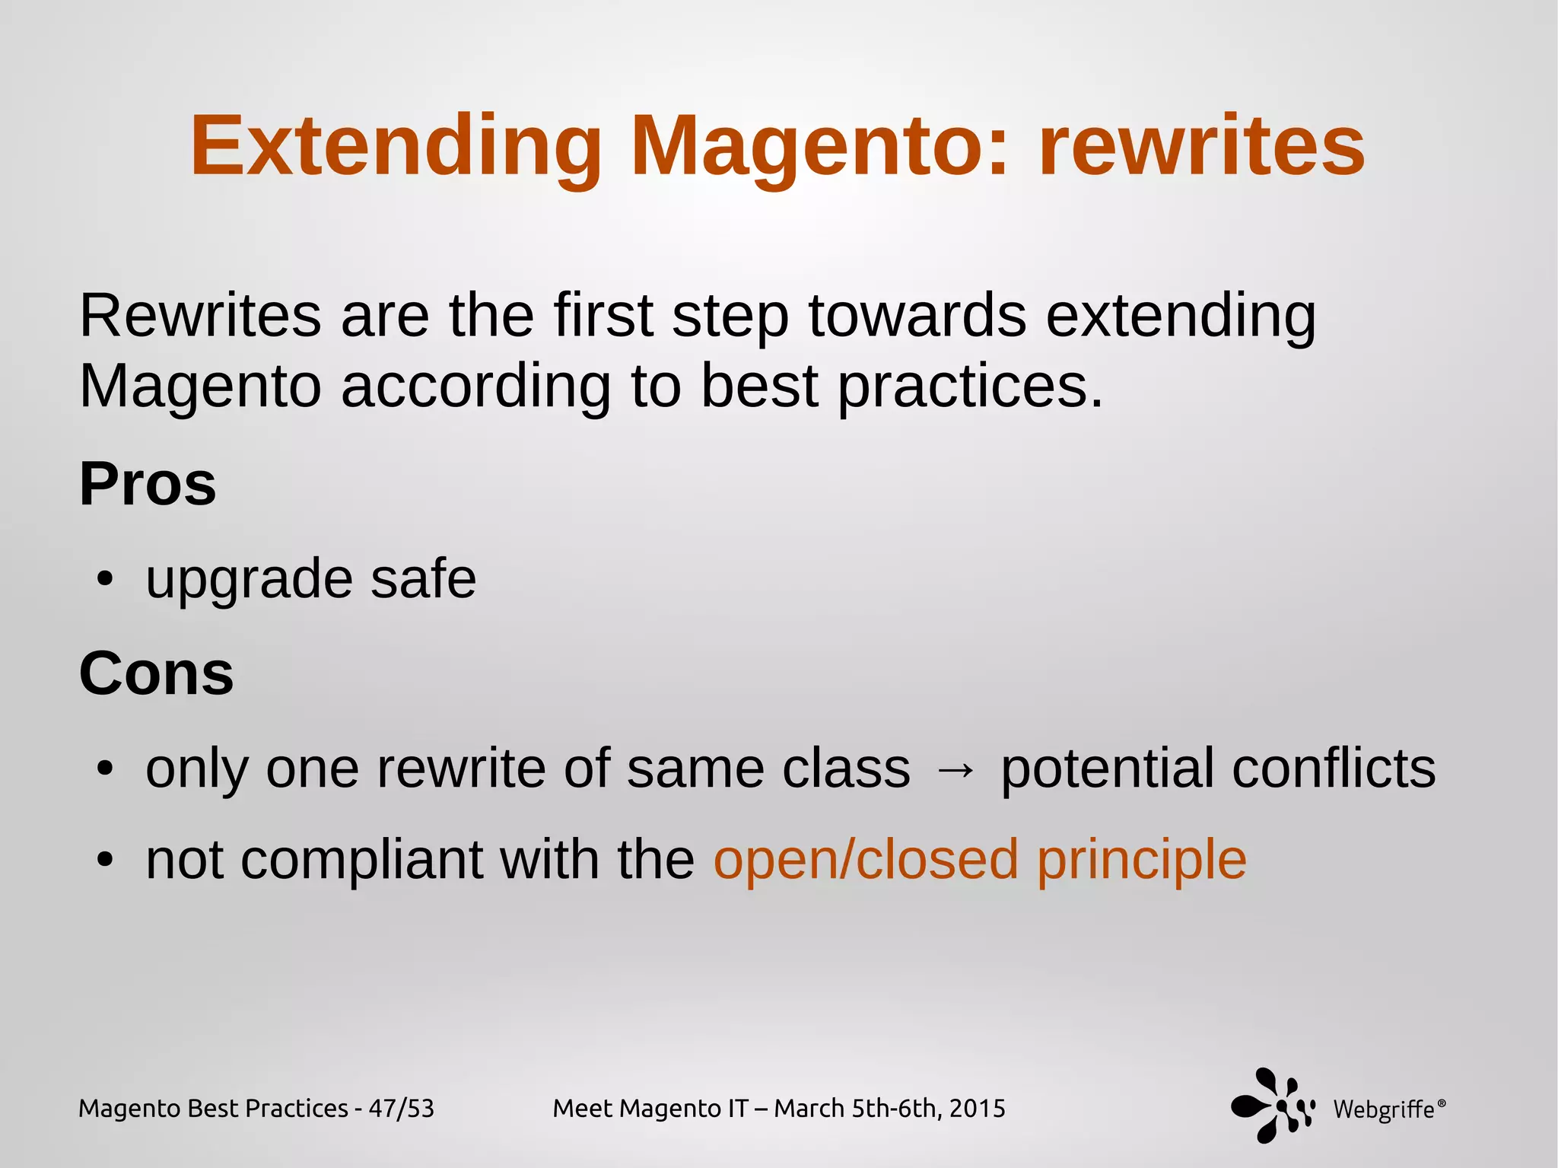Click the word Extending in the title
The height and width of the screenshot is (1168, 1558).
click(396, 146)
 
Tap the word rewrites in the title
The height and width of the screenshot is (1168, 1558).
click(1202, 146)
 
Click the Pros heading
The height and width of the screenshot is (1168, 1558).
click(148, 484)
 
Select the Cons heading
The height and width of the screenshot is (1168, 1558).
click(156, 673)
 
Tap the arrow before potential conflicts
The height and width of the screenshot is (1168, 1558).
click(955, 771)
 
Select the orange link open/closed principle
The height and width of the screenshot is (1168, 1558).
click(980, 861)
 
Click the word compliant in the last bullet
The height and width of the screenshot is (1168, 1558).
click(362, 861)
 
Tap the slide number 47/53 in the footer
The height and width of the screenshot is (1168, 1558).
click(401, 1109)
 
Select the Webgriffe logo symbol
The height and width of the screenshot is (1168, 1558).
click(1273, 1106)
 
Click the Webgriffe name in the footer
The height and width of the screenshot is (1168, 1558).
click(1384, 1110)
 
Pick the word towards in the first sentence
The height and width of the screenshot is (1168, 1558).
click(917, 316)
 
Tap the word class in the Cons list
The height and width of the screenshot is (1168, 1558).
click(846, 769)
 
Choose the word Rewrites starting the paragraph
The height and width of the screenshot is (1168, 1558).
click(200, 316)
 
